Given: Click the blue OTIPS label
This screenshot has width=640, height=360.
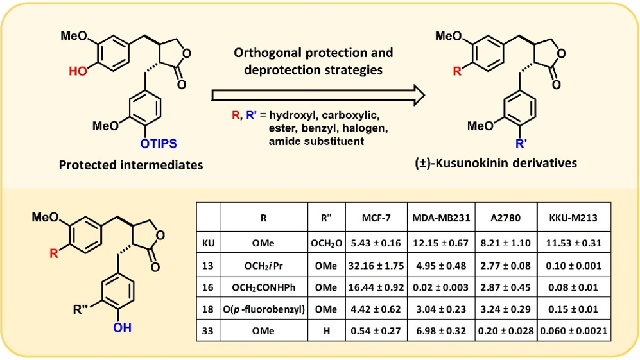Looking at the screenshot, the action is (159, 144).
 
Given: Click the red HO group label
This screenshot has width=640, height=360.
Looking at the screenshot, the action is (78, 71).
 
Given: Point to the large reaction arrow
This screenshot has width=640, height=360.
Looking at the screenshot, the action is (318, 95).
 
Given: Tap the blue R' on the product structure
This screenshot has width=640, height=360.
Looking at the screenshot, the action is (521, 144).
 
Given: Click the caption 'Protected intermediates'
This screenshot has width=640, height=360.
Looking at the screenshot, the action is (131, 165).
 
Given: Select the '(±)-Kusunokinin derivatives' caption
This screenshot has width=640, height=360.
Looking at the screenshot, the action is (496, 163).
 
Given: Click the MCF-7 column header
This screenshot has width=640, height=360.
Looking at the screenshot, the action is (376, 218).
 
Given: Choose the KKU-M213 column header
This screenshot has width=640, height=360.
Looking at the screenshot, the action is (573, 218).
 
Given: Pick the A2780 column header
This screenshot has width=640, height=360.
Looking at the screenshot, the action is (506, 218).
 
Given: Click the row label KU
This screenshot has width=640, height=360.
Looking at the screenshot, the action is (208, 243).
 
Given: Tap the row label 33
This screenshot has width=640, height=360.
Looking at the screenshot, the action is (208, 330).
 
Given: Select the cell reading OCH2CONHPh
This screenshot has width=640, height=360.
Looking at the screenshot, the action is (263, 287).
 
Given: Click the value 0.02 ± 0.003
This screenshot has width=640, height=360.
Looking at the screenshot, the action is (441, 287).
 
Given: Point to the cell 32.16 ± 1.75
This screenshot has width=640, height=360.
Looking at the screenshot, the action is (376, 266).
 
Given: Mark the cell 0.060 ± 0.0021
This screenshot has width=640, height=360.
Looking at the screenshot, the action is (573, 330).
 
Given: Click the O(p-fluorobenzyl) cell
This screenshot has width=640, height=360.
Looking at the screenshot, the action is (264, 309).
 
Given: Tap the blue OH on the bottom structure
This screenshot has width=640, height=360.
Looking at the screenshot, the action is (122, 327).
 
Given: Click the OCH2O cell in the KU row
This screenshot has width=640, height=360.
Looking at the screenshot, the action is (326, 244).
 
